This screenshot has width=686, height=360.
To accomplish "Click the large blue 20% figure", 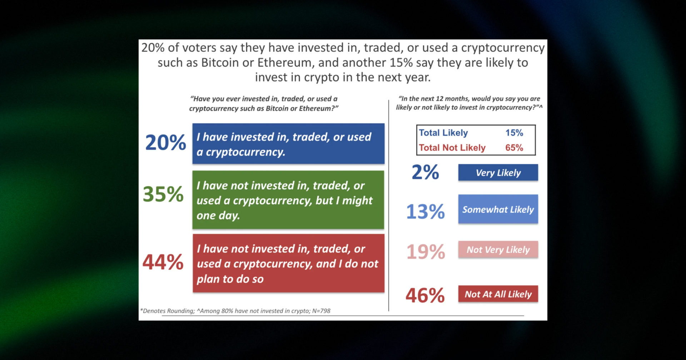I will point(165,142).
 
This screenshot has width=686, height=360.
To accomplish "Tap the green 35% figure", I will point(163,194).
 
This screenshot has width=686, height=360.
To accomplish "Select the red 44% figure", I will point(163,262).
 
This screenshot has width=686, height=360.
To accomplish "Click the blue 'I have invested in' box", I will point(288,144).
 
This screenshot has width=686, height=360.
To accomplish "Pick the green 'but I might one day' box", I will point(288,200).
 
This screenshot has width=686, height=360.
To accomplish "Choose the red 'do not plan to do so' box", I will point(288,264).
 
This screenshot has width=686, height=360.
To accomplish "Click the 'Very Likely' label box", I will point(498,173).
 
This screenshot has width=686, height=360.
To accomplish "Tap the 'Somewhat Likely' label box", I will point(498,209).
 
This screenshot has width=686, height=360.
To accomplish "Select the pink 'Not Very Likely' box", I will point(498,250).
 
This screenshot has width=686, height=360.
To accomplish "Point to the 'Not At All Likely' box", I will point(498,294).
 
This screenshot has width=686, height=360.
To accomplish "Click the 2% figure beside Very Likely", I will point(425,172).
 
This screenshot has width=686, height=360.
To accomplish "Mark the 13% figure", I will point(426,211).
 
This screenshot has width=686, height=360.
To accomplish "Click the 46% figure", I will point(425,296).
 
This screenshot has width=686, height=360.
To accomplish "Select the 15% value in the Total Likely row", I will point(514,133).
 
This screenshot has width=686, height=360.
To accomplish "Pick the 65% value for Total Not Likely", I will point(514,148).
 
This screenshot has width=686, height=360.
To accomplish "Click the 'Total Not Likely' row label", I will point(452,148).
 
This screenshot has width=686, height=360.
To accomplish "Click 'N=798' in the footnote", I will point(321,311).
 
